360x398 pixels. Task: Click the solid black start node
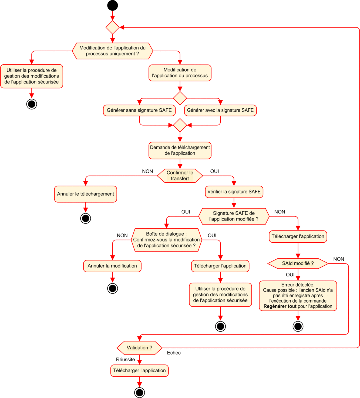click(112, 5)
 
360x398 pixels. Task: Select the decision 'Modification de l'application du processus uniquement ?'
click(112, 51)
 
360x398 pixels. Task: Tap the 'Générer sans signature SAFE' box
click(139, 110)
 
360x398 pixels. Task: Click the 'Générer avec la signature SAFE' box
click(220, 110)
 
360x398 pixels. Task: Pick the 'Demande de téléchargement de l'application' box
click(180, 150)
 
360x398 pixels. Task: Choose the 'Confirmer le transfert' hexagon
click(180, 176)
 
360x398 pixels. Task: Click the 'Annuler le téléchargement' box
click(86, 194)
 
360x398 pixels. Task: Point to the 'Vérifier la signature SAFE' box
click(234, 192)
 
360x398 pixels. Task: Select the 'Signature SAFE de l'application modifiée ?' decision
click(234, 216)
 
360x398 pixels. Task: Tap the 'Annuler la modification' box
click(112, 266)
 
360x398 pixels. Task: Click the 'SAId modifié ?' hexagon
click(298, 263)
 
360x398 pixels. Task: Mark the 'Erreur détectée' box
click(298, 296)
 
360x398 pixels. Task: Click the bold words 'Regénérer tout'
click(280, 306)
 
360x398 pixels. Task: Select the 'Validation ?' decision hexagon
click(139, 348)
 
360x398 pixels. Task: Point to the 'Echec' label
click(174, 353)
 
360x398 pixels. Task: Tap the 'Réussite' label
click(125, 359)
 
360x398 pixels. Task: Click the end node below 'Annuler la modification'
click(112, 288)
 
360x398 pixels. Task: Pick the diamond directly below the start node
click(112, 27)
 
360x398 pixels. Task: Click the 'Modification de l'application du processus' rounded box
click(180, 73)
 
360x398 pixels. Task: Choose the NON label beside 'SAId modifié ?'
click(339, 259)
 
